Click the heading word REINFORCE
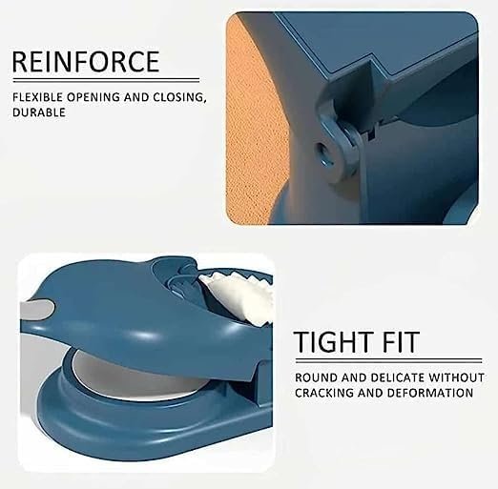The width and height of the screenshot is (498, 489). pos(86,62)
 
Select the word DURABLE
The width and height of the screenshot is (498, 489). pos(39,112)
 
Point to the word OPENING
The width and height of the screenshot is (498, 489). pos(93,97)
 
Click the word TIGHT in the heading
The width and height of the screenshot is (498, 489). pos(333,342)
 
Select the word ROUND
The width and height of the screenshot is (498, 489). pos(316,377)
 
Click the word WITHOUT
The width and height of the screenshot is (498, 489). pos(457,377)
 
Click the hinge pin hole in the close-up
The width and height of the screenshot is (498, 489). pos(324,154)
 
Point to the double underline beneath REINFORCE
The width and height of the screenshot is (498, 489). pos(106,80)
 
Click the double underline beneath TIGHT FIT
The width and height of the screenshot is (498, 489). pos(388,360)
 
